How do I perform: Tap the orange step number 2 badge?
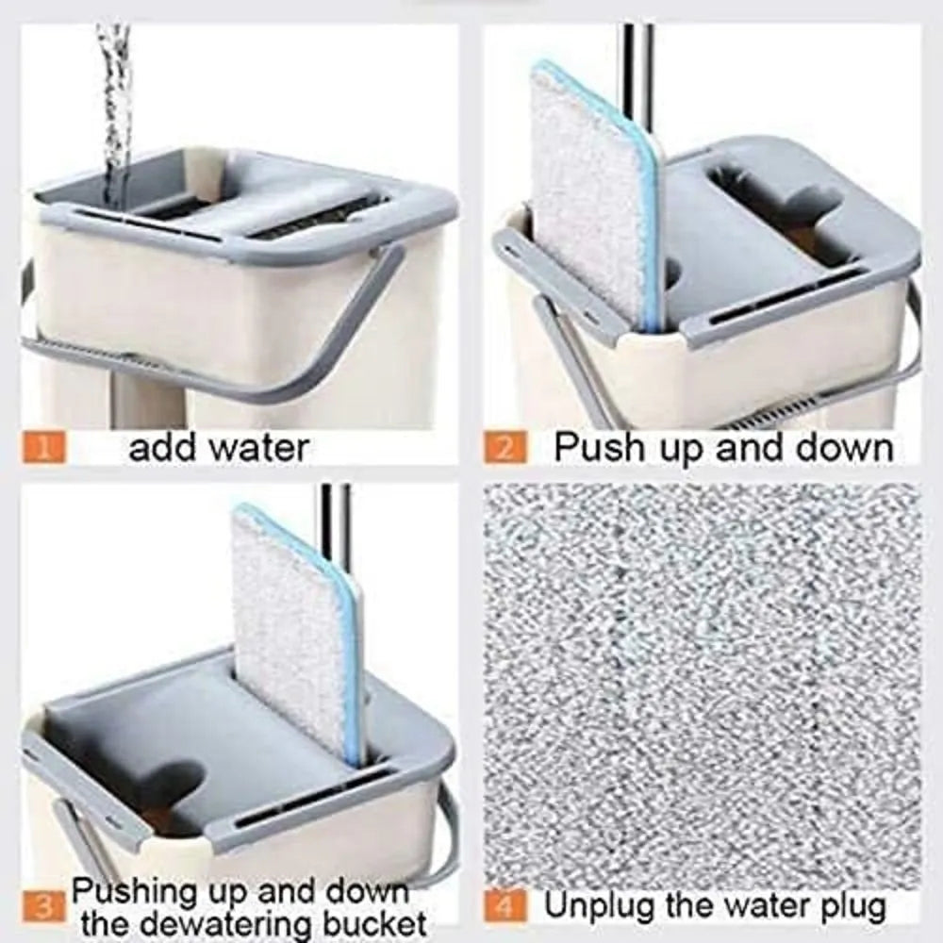tap(507, 445)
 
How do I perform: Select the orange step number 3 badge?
tap(45, 908)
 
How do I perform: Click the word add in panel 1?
tap(160, 446)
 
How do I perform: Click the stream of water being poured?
tap(116, 94)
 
